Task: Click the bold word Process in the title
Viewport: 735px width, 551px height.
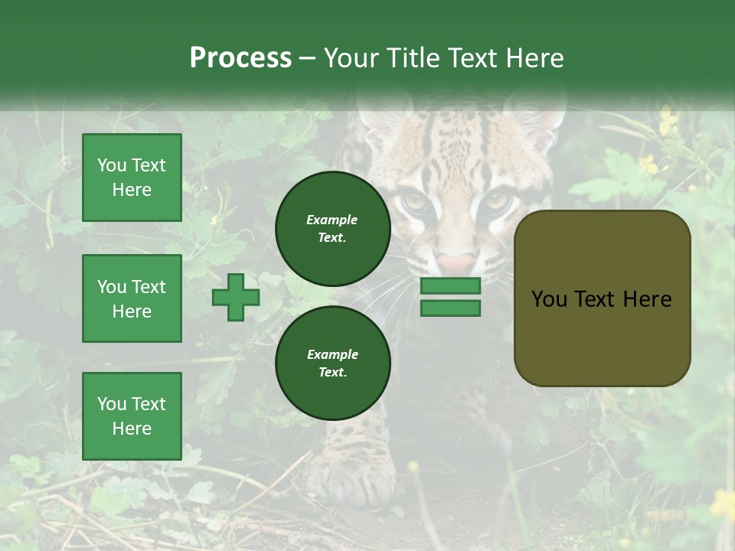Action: click(x=240, y=58)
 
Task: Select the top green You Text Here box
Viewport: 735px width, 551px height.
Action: click(x=132, y=178)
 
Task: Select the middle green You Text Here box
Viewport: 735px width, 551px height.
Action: click(x=132, y=298)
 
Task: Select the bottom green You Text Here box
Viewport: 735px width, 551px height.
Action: click(x=132, y=416)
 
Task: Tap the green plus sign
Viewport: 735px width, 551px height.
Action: click(x=235, y=297)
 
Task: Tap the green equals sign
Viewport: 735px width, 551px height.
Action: click(x=450, y=297)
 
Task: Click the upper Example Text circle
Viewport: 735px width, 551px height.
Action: click(x=332, y=229)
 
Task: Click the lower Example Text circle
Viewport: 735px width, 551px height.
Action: click(x=332, y=364)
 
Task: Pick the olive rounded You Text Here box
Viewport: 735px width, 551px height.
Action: click(x=602, y=298)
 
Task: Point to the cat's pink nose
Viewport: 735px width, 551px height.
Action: click(x=457, y=263)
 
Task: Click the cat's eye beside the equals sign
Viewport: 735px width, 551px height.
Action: click(x=496, y=201)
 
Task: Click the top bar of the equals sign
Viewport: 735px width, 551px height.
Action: click(x=450, y=286)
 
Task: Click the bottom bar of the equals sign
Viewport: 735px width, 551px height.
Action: click(x=450, y=308)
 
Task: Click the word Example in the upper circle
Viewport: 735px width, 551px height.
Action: click(x=332, y=220)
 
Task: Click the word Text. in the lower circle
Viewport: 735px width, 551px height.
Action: click(x=332, y=373)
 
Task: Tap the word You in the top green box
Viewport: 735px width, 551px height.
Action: click(x=112, y=165)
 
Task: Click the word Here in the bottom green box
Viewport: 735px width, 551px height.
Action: click(x=132, y=429)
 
